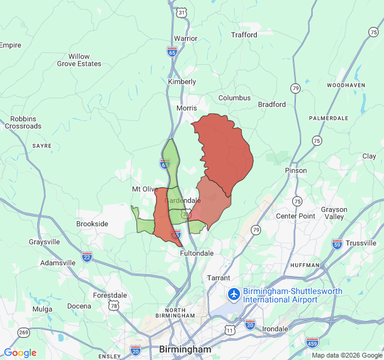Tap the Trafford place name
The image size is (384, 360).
point(244,35)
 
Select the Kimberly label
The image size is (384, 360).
point(182,82)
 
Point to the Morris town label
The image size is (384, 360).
point(187,108)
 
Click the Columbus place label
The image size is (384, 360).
point(234,98)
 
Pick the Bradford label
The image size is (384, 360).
point(272,104)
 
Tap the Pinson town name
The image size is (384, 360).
point(296,170)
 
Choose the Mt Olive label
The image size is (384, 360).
point(145,189)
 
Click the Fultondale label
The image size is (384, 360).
point(197,253)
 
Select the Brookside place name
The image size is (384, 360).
point(92,224)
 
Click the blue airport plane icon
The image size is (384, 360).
point(233,295)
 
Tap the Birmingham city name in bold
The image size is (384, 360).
point(185,349)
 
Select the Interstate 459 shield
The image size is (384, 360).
point(312,342)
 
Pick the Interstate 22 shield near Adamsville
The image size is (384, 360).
point(87,256)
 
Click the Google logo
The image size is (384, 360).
point(20,353)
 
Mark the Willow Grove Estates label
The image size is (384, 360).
point(79,60)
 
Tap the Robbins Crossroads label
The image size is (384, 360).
point(23,122)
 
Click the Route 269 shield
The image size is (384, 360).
point(24,332)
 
